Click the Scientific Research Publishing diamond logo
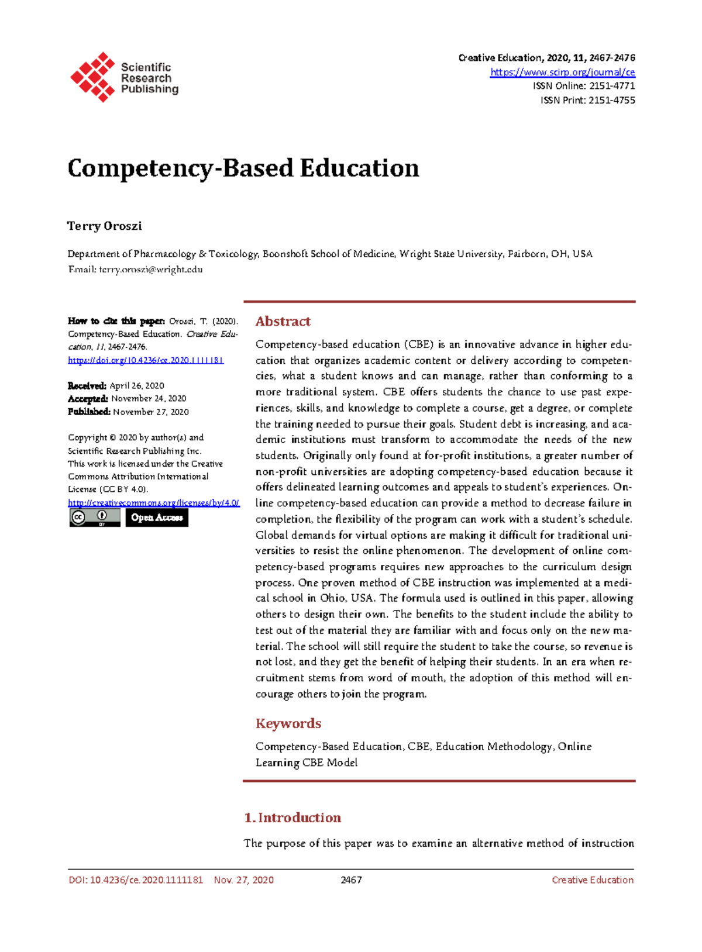(x=92, y=77)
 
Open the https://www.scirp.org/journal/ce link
(x=562, y=73)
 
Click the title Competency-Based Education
(x=243, y=168)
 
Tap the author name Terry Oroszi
(x=105, y=226)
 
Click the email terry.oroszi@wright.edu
(x=150, y=270)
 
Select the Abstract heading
(x=283, y=322)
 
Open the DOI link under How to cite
(x=146, y=360)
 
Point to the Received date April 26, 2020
(x=137, y=386)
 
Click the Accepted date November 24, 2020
(x=149, y=399)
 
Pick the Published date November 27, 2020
(x=150, y=412)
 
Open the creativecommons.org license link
(x=153, y=503)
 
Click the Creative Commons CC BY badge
(x=95, y=518)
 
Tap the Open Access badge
(x=157, y=518)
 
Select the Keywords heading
(x=288, y=724)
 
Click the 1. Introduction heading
(x=292, y=818)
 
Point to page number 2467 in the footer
(x=351, y=880)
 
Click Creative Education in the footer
(x=592, y=880)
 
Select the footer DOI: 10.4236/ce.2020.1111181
(x=136, y=880)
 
